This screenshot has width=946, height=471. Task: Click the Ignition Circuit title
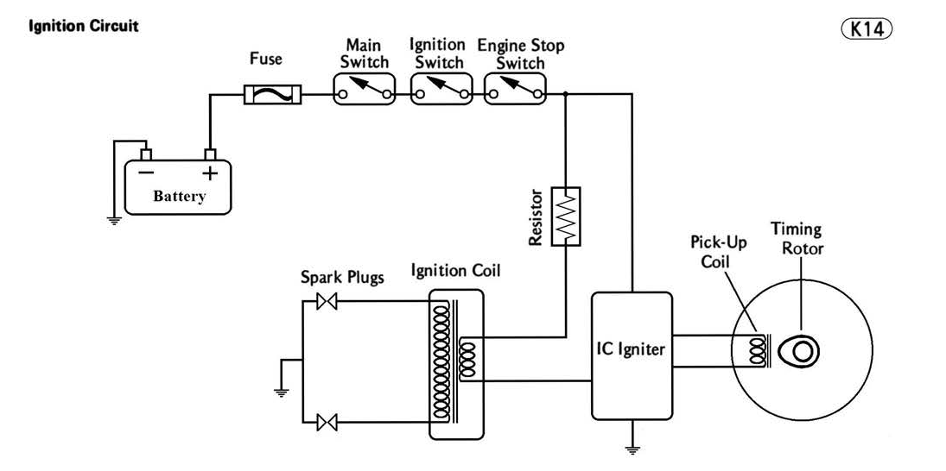(84, 26)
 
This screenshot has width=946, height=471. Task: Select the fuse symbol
(272, 94)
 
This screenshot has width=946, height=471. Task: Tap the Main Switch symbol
(365, 88)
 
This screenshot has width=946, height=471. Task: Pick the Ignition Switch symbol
(441, 88)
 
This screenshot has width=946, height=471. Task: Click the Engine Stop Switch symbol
(516, 88)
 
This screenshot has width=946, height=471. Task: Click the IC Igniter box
(632, 354)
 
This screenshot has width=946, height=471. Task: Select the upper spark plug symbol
(327, 301)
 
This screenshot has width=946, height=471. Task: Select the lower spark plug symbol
(327, 422)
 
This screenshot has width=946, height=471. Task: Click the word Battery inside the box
(180, 196)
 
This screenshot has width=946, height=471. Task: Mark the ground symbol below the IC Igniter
(633, 449)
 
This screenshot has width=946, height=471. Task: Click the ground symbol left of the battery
(113, 219)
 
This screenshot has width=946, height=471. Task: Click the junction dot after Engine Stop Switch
(565, 94)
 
